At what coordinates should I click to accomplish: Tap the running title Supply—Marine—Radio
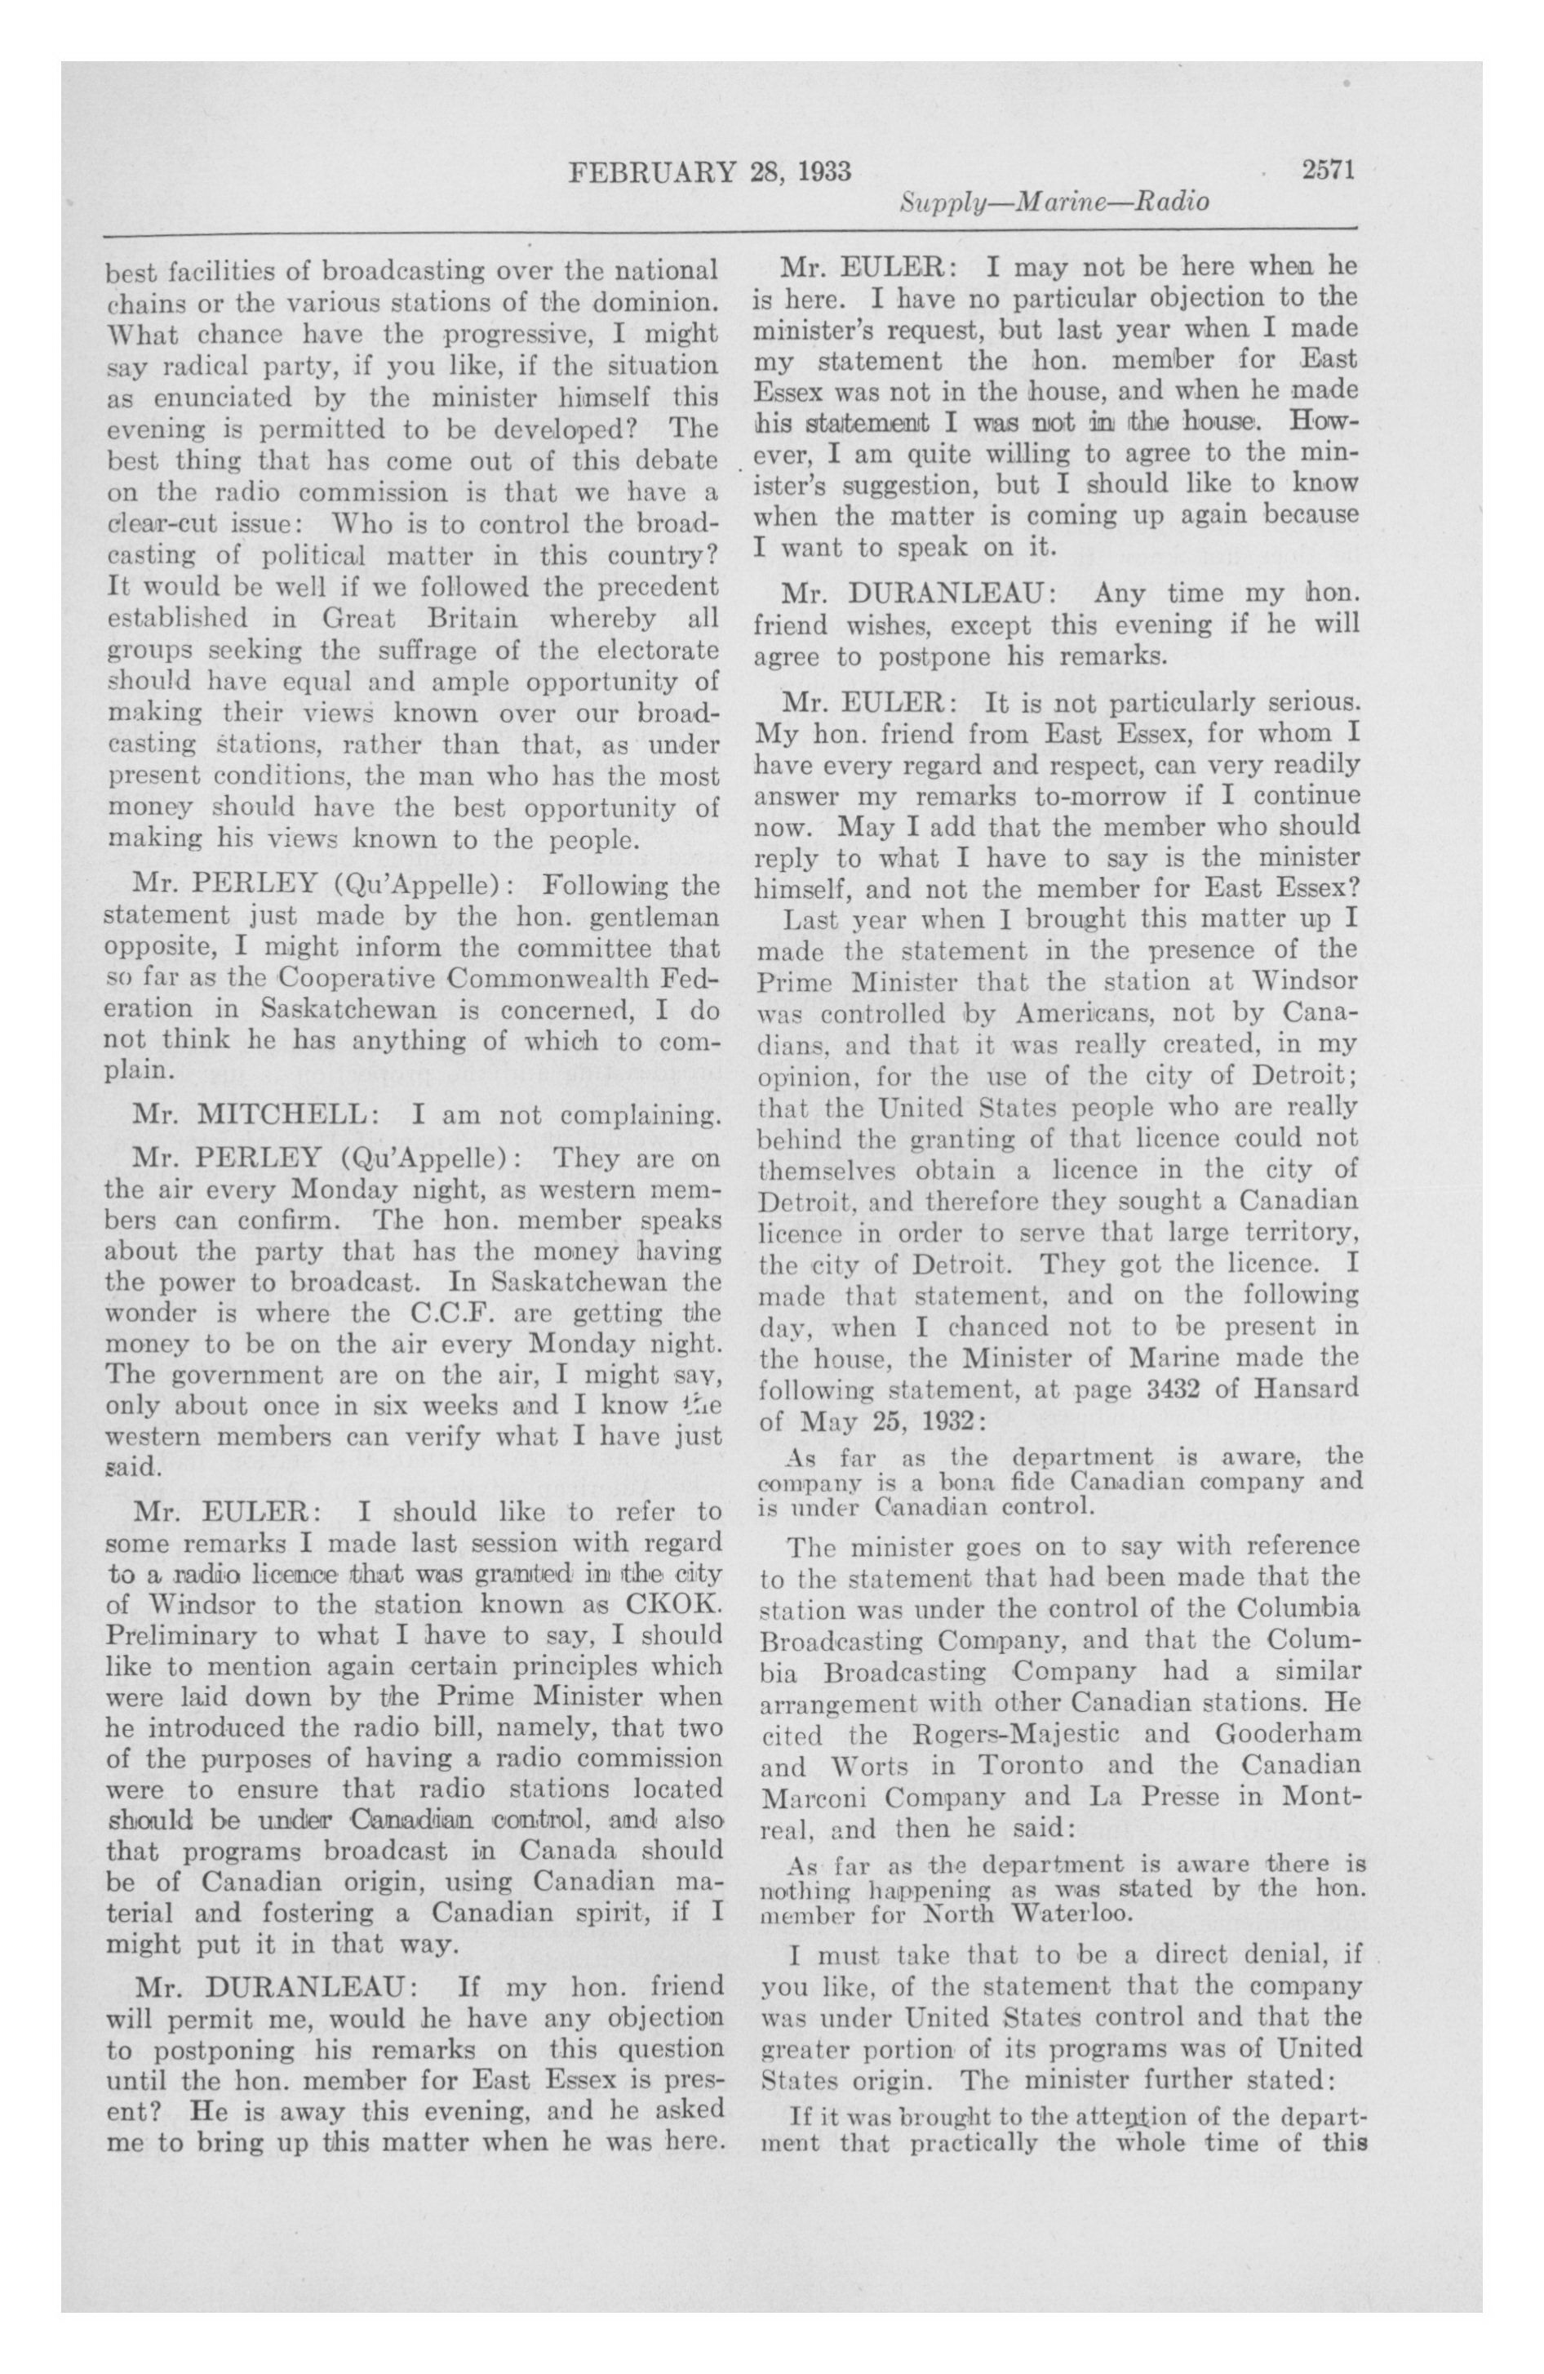click(x=1054, y=202)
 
